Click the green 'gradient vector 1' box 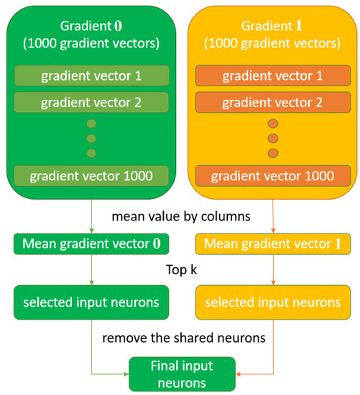pyautogui.click(x=91, y=75)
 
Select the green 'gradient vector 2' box pyautogui.click(x=91, y=102)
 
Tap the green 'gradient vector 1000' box pyautogui.click(x=91, y=175)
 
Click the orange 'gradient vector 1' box pyautogui.click(x=273, y=75)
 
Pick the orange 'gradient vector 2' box pyautogui.click(x=273, y=102)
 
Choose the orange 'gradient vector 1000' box pyautogui.click(x=273, y=175)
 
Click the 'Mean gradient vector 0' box pyautogui.click(x=91, y=243)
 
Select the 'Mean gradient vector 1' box pyautogui.click(x=273, y=243)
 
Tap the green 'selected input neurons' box pyautogui.click(x=91, y=302)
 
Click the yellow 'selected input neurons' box pyautogui.click(x=273, y=302)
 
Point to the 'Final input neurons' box pyautogui.click(x=181, y=373)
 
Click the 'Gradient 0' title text pyautogui.click(x=91, y=25)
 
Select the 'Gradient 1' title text pyautogui.click(x=273, y=25)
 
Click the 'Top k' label pyautogui.click(x=182, y=273)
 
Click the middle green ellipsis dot pyautogui.click(x=91, y=138)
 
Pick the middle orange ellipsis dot pyautogui.click(x=273, y=138)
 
